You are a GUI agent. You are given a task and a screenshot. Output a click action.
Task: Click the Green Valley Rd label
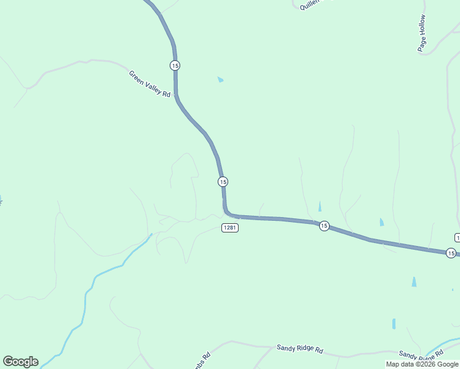tap(149, 84)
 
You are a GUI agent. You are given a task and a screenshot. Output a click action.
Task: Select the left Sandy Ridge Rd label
tap(299, 348)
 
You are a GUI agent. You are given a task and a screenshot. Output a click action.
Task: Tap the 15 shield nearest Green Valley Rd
tap(176, 65)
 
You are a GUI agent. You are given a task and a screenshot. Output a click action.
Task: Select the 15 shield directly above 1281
tap(223, 181)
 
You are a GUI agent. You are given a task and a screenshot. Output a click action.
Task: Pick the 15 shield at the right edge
tap(451, 253)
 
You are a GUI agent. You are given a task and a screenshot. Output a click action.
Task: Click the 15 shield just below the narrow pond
tap(324, 226)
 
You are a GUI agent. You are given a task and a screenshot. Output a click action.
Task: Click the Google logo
tap(20, 362)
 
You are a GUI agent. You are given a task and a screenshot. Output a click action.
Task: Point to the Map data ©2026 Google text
tap(422, 364)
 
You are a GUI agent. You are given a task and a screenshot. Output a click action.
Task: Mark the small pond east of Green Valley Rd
tap(220, 79)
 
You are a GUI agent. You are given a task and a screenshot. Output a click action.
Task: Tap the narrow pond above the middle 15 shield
tap(319, 207)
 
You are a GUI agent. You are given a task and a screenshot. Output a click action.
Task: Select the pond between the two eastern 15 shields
tap(382, 222)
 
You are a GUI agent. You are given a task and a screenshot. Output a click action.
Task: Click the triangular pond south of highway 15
tap(413, 282)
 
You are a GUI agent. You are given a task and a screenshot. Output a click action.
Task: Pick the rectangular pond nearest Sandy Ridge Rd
tap(394, 323)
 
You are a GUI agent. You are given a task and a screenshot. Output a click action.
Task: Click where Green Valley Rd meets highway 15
tap(176, 96)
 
